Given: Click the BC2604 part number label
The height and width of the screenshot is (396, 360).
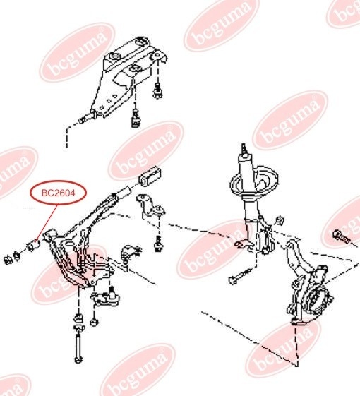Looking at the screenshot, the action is click(x=59, y=193).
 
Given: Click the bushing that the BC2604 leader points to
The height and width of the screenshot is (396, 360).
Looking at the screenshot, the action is click(x=34, y=245).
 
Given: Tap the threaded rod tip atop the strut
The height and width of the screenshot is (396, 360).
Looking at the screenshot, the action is click(x=244, y=148).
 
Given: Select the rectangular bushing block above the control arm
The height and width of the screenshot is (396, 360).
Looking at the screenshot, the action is click(x=150, y=176).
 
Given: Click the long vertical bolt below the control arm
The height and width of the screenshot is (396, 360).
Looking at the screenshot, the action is click(x=78, y=349).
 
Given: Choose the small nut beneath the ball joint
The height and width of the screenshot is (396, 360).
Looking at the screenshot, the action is click(x=94, y=322).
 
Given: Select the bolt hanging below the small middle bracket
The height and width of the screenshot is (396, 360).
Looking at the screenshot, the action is click(x=158, y=244).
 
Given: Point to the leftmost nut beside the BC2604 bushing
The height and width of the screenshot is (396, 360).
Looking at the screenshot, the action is click(x=8, y=260).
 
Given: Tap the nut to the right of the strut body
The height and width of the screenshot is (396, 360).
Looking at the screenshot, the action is click(x=280, y=220).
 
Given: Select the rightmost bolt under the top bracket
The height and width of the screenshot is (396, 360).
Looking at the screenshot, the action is click(x=158, y=91).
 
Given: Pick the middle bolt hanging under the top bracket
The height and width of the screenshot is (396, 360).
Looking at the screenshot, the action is click(x=136, y=118).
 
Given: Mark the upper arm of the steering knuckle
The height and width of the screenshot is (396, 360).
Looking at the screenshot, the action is click(x=293, y=254).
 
